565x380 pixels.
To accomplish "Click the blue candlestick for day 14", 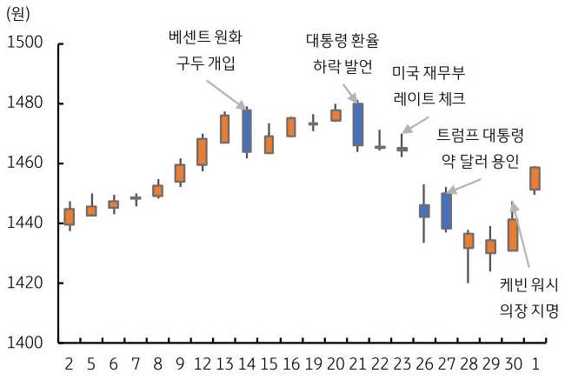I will [247, 130].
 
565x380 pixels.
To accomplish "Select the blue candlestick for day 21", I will [357, 124].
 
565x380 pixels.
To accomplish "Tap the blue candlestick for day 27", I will [447, 211].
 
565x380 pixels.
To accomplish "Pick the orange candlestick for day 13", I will [224, 129].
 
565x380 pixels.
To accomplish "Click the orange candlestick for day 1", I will [535, 178].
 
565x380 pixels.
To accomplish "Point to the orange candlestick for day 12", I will [202, 151].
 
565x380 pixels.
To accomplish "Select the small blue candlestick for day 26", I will [424, 210].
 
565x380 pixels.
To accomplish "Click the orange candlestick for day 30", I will [513, 235].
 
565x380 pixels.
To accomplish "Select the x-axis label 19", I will [313, 363].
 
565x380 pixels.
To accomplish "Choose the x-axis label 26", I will [424, 363].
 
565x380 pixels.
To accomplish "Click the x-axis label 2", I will [70, 363].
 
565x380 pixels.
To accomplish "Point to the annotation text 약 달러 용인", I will [480, 161].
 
